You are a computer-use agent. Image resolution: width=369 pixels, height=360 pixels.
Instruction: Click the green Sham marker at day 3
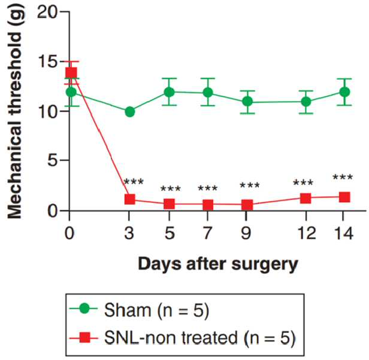(x=130, y=112)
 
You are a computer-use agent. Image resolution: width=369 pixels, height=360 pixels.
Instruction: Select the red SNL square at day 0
(x=71, y=72)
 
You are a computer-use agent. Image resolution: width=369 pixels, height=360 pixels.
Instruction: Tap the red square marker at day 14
(x=344, y=197)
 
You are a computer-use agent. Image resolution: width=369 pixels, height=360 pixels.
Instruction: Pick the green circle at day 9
(x=247, y=102)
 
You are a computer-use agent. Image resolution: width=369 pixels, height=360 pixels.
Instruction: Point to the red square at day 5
(x=169, y=204)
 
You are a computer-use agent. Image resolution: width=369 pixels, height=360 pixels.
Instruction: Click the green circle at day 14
(x=345, y=92)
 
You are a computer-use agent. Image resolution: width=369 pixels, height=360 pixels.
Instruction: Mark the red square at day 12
(x=306, y=198)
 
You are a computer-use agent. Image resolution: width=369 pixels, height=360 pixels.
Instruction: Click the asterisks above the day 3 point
(x=134, y=181)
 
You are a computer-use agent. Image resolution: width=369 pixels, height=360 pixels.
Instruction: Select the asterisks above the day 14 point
(x=343, y=177)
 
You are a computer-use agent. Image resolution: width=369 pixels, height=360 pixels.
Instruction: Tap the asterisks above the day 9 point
(x=250, y=185)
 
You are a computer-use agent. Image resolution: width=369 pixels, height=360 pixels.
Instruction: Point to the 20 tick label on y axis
(x=47, y=12)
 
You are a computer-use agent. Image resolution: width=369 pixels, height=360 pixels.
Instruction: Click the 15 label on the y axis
(x=48, y=62)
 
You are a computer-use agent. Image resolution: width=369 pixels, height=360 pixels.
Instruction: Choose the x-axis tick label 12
(x=307, y=233)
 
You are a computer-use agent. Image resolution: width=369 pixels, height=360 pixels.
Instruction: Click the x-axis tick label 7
(x=207, y=233)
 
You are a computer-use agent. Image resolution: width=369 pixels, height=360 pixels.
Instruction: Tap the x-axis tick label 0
(x=69, y=233)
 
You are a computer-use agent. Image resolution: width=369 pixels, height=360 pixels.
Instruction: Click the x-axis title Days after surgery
(x=218, y=265)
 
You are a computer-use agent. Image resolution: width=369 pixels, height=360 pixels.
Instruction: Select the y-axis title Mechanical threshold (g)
(x=14, y=113)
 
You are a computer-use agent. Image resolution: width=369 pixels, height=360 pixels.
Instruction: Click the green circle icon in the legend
(x=84, y=308)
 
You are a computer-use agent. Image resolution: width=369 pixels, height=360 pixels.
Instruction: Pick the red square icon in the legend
(x=84, y=337)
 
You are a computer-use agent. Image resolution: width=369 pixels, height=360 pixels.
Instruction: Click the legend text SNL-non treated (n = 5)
(x=199, y=338)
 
